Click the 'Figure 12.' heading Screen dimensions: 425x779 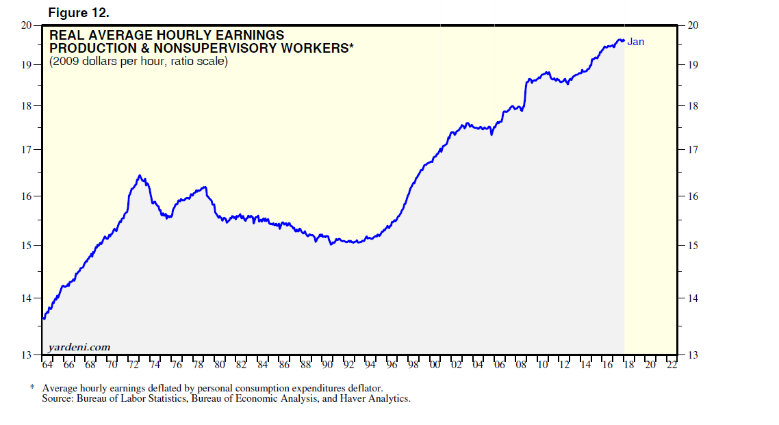click(x=79, y=14)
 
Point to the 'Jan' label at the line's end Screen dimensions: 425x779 click(x=636, y=42)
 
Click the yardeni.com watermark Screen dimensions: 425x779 click(x=79, y=347)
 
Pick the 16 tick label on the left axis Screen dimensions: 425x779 click(x=27, y=196)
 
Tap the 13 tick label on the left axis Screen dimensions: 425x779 click(x=27, y=355)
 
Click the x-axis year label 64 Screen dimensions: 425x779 click(x=48, y=365)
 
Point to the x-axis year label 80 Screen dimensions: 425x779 click(x=220, y=365)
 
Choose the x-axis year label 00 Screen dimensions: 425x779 click(x=435, y=365)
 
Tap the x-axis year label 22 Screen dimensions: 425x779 click(x=672, y=365)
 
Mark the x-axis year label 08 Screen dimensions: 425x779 click(x=521, y=365)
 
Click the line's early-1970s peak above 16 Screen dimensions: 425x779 click(x=140, y=176)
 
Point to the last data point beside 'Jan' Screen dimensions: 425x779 click(x=622, y=40)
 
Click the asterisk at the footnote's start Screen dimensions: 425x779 click(x=32, y=388)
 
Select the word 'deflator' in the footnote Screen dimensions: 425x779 click(x=363, y=388)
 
